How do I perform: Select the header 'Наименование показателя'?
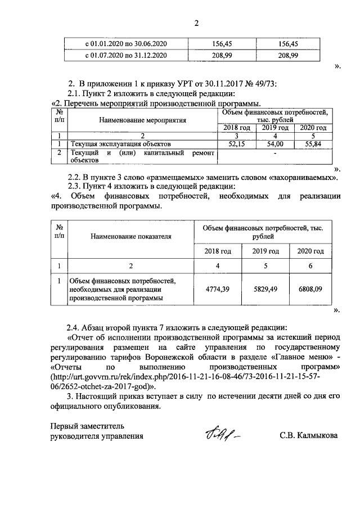pos(130,237)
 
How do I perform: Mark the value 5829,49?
pos(264,289)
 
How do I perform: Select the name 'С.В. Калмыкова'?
pos(308,435)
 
